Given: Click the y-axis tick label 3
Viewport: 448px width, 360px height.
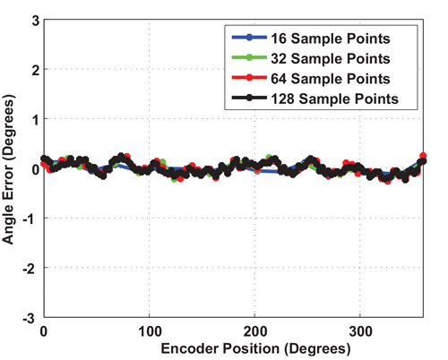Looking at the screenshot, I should click(32, 19).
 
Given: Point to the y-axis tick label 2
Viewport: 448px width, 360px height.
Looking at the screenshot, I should click(32, 69).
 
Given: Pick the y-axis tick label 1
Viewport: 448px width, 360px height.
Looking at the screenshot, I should click(32, 118).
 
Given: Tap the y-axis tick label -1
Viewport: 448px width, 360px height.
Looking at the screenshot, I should click(30, 219).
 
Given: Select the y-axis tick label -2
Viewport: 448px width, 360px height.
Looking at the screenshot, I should click(30, 268).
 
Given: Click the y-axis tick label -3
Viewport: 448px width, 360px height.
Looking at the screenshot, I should click(30, 317).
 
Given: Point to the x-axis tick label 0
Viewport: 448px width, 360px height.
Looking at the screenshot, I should click(44, 330).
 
